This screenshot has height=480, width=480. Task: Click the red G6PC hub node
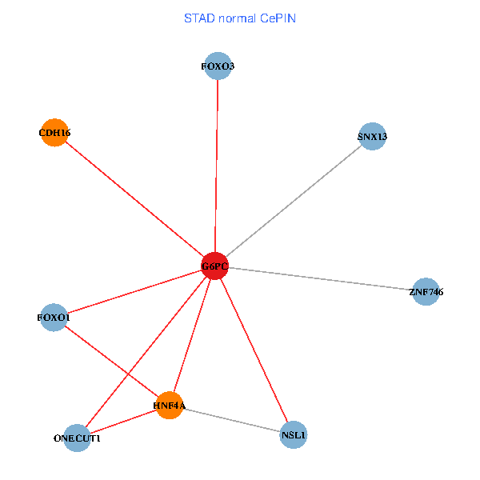click(214, 266)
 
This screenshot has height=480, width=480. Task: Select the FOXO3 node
click(218, 66)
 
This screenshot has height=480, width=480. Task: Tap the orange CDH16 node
click(54, 132)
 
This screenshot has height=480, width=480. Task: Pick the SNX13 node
click(372, 137)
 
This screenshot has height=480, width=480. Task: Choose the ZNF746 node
click(426, 292)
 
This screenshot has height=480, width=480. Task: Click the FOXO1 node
click(54, 318)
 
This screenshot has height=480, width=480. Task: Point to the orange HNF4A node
click(169, 406)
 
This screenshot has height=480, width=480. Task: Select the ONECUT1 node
click(77, 438)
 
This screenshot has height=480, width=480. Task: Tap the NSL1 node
click(294, 436)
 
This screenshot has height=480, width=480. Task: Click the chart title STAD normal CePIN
click(240, 18)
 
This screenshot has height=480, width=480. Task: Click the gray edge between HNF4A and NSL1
click(231, 421)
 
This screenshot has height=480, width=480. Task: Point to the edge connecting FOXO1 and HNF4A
click(111, 362)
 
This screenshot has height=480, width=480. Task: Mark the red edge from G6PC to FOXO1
click(134, 292)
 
